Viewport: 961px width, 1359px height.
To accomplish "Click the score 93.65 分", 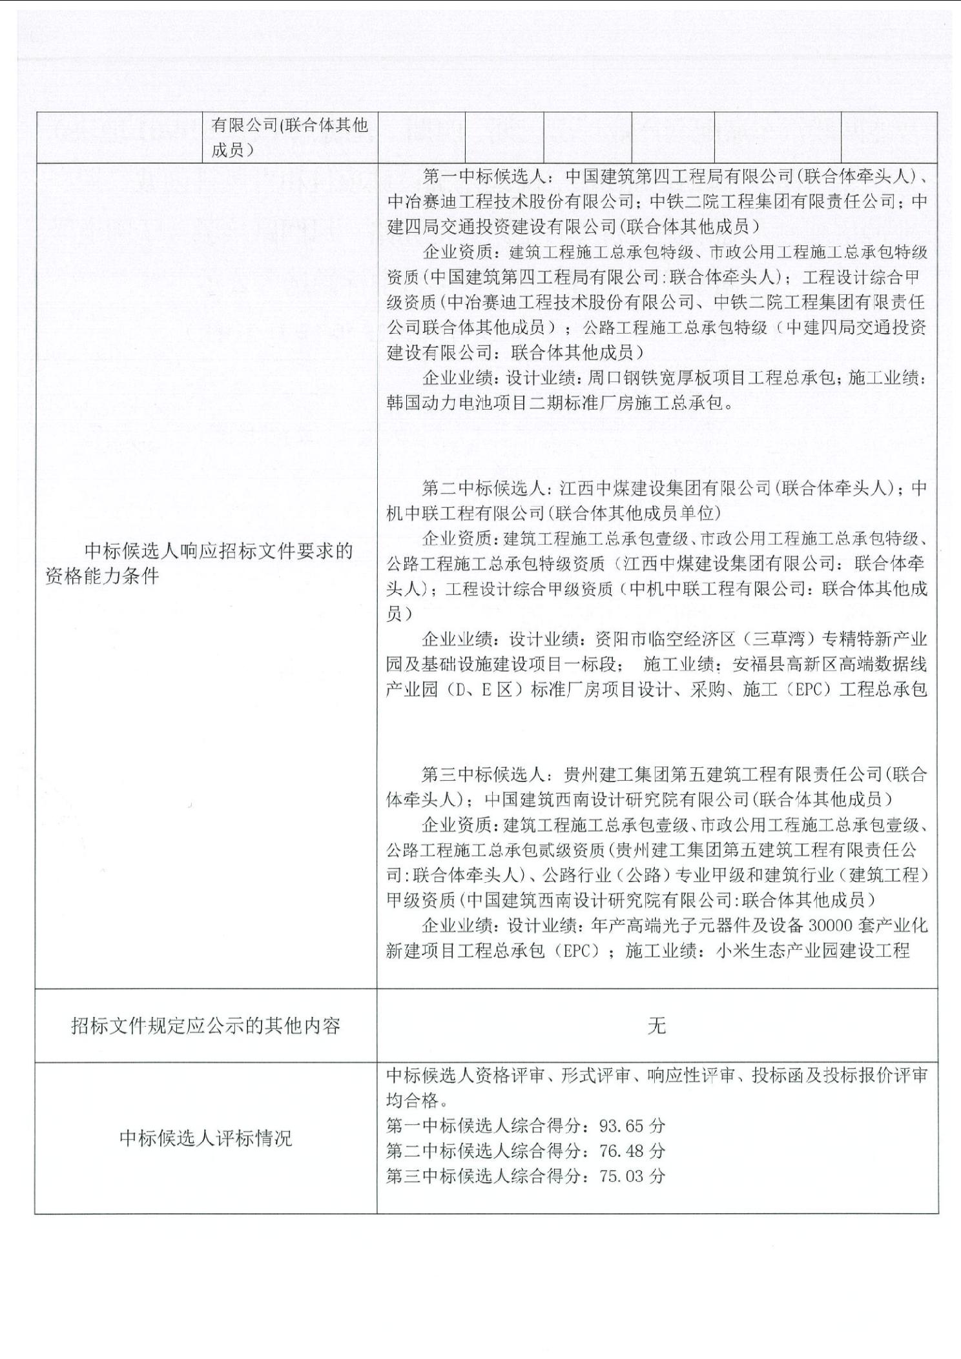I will point(632,1126).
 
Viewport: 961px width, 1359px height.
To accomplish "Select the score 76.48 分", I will point(632,1151).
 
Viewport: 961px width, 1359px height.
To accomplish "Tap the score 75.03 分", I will point(632,1176).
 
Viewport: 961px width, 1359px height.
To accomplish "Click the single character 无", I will point(657,1025).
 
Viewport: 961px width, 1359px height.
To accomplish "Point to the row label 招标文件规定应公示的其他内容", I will point(205,1026).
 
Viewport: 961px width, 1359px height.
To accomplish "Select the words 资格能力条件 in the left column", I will point(101,576).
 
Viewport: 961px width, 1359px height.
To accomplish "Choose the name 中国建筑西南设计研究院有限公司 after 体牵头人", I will point(617,800).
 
